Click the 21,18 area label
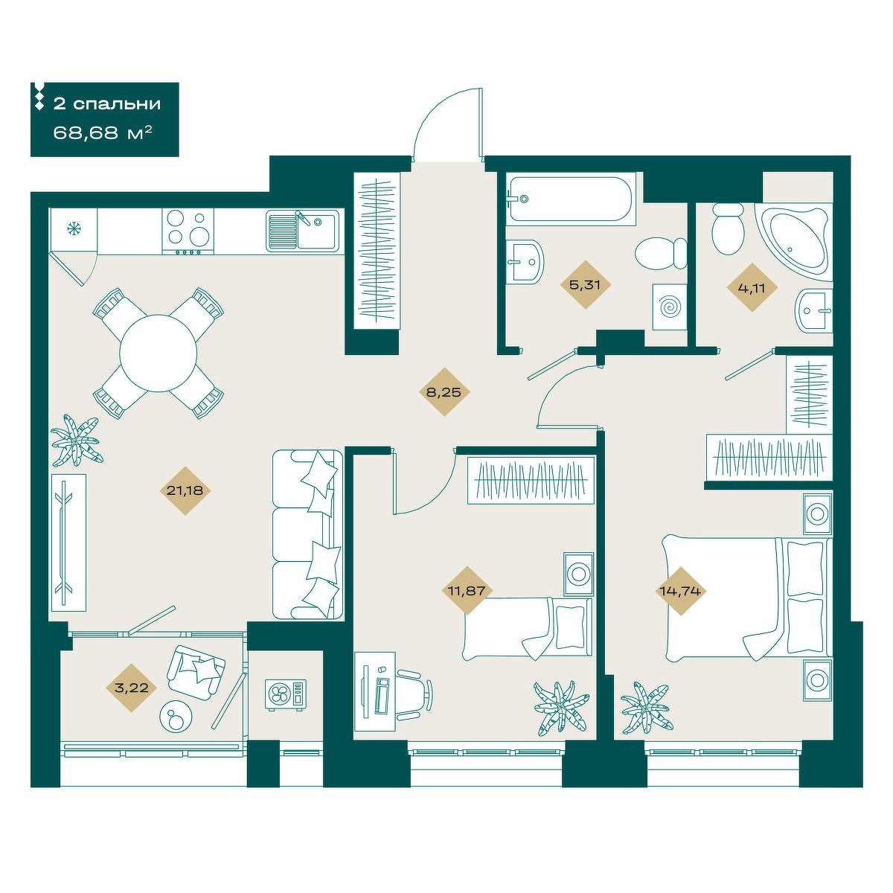pos(185,490)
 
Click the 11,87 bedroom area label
pos(467,590)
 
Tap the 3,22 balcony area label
pos(132,688)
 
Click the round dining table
pos(159,353)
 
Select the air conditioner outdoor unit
pos(286,694)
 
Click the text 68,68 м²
pos(103,133)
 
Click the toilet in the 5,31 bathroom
pos(661,253)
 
